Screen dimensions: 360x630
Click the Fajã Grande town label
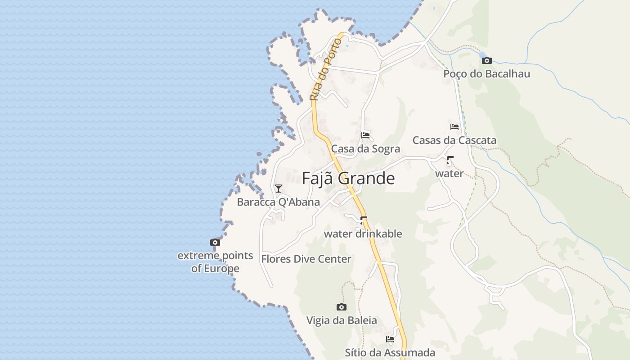[x=348, y=179]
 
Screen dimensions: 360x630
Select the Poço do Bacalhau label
[x=486, y=74]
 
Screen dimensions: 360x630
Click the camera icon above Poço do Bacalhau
[x=486, y=60]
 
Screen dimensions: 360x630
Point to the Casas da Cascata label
[x=454, y=140]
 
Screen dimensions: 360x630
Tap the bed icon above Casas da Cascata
[x=454, y=127]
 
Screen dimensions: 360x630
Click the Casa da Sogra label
[x=365, y=149]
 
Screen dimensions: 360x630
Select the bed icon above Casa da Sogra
[x=365, y=135]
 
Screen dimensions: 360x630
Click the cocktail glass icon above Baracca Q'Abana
[x=279, y=188]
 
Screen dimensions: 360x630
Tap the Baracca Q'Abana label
[x=278, y=202]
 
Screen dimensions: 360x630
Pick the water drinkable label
[x=363, y=234]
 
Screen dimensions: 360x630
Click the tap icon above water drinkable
[x=363, y=220]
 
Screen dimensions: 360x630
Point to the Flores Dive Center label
[x=306, y=259]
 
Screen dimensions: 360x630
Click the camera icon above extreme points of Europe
[x=215, y=242]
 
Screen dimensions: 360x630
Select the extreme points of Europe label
[x=215, y=262]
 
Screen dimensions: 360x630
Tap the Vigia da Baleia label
[x=342, y=320]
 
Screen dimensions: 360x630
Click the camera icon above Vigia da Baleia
[x=342, y=307]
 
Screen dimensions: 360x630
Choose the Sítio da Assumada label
[x=390, y=353]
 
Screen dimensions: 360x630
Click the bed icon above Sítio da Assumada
[x=390, y=339]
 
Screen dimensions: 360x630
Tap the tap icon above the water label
[x=450, y=160]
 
